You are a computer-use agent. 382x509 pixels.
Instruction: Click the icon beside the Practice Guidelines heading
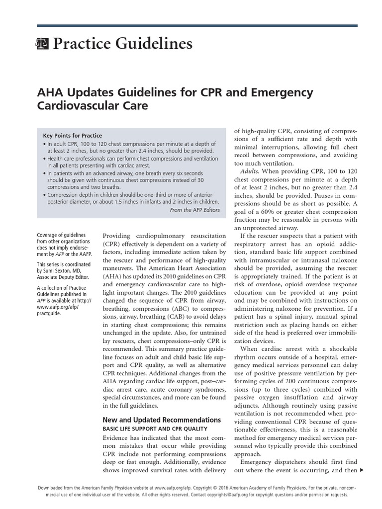[42, 45]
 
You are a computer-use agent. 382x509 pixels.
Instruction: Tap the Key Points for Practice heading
[73, 135]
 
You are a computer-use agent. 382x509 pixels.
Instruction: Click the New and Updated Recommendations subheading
[161, 420]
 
